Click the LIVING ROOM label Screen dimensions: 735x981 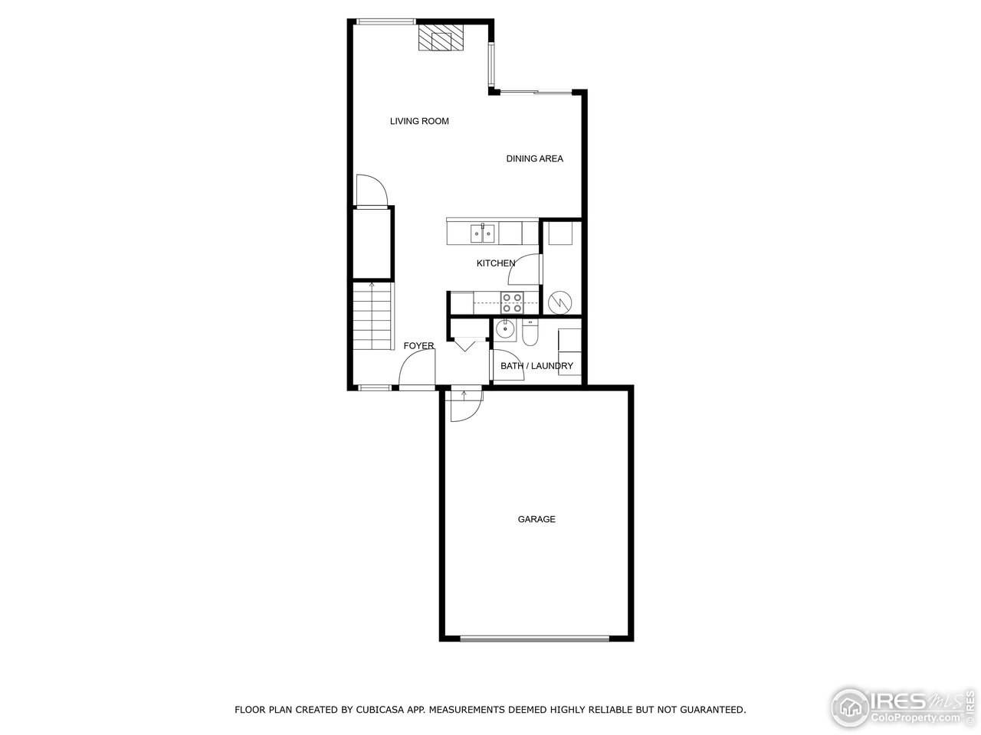pos(419,121)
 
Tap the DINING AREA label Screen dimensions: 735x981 pos(534,158)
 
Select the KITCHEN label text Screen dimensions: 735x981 pos(496,263)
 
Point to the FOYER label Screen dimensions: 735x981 pos(418,346)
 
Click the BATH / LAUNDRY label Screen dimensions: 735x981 pos(536,366)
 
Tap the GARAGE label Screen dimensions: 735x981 pos(536,519)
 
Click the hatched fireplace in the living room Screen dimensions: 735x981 pos(441,38)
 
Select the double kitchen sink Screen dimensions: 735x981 pos(482,232)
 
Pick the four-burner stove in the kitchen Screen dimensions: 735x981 pos(512,302)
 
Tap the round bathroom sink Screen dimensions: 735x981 pos(505,329)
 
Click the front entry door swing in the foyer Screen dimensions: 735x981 pos(416,372)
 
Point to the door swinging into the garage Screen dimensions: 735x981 pos(464,406)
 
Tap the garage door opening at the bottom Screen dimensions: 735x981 pos(536,637)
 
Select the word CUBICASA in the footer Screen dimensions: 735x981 pos(382,710)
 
